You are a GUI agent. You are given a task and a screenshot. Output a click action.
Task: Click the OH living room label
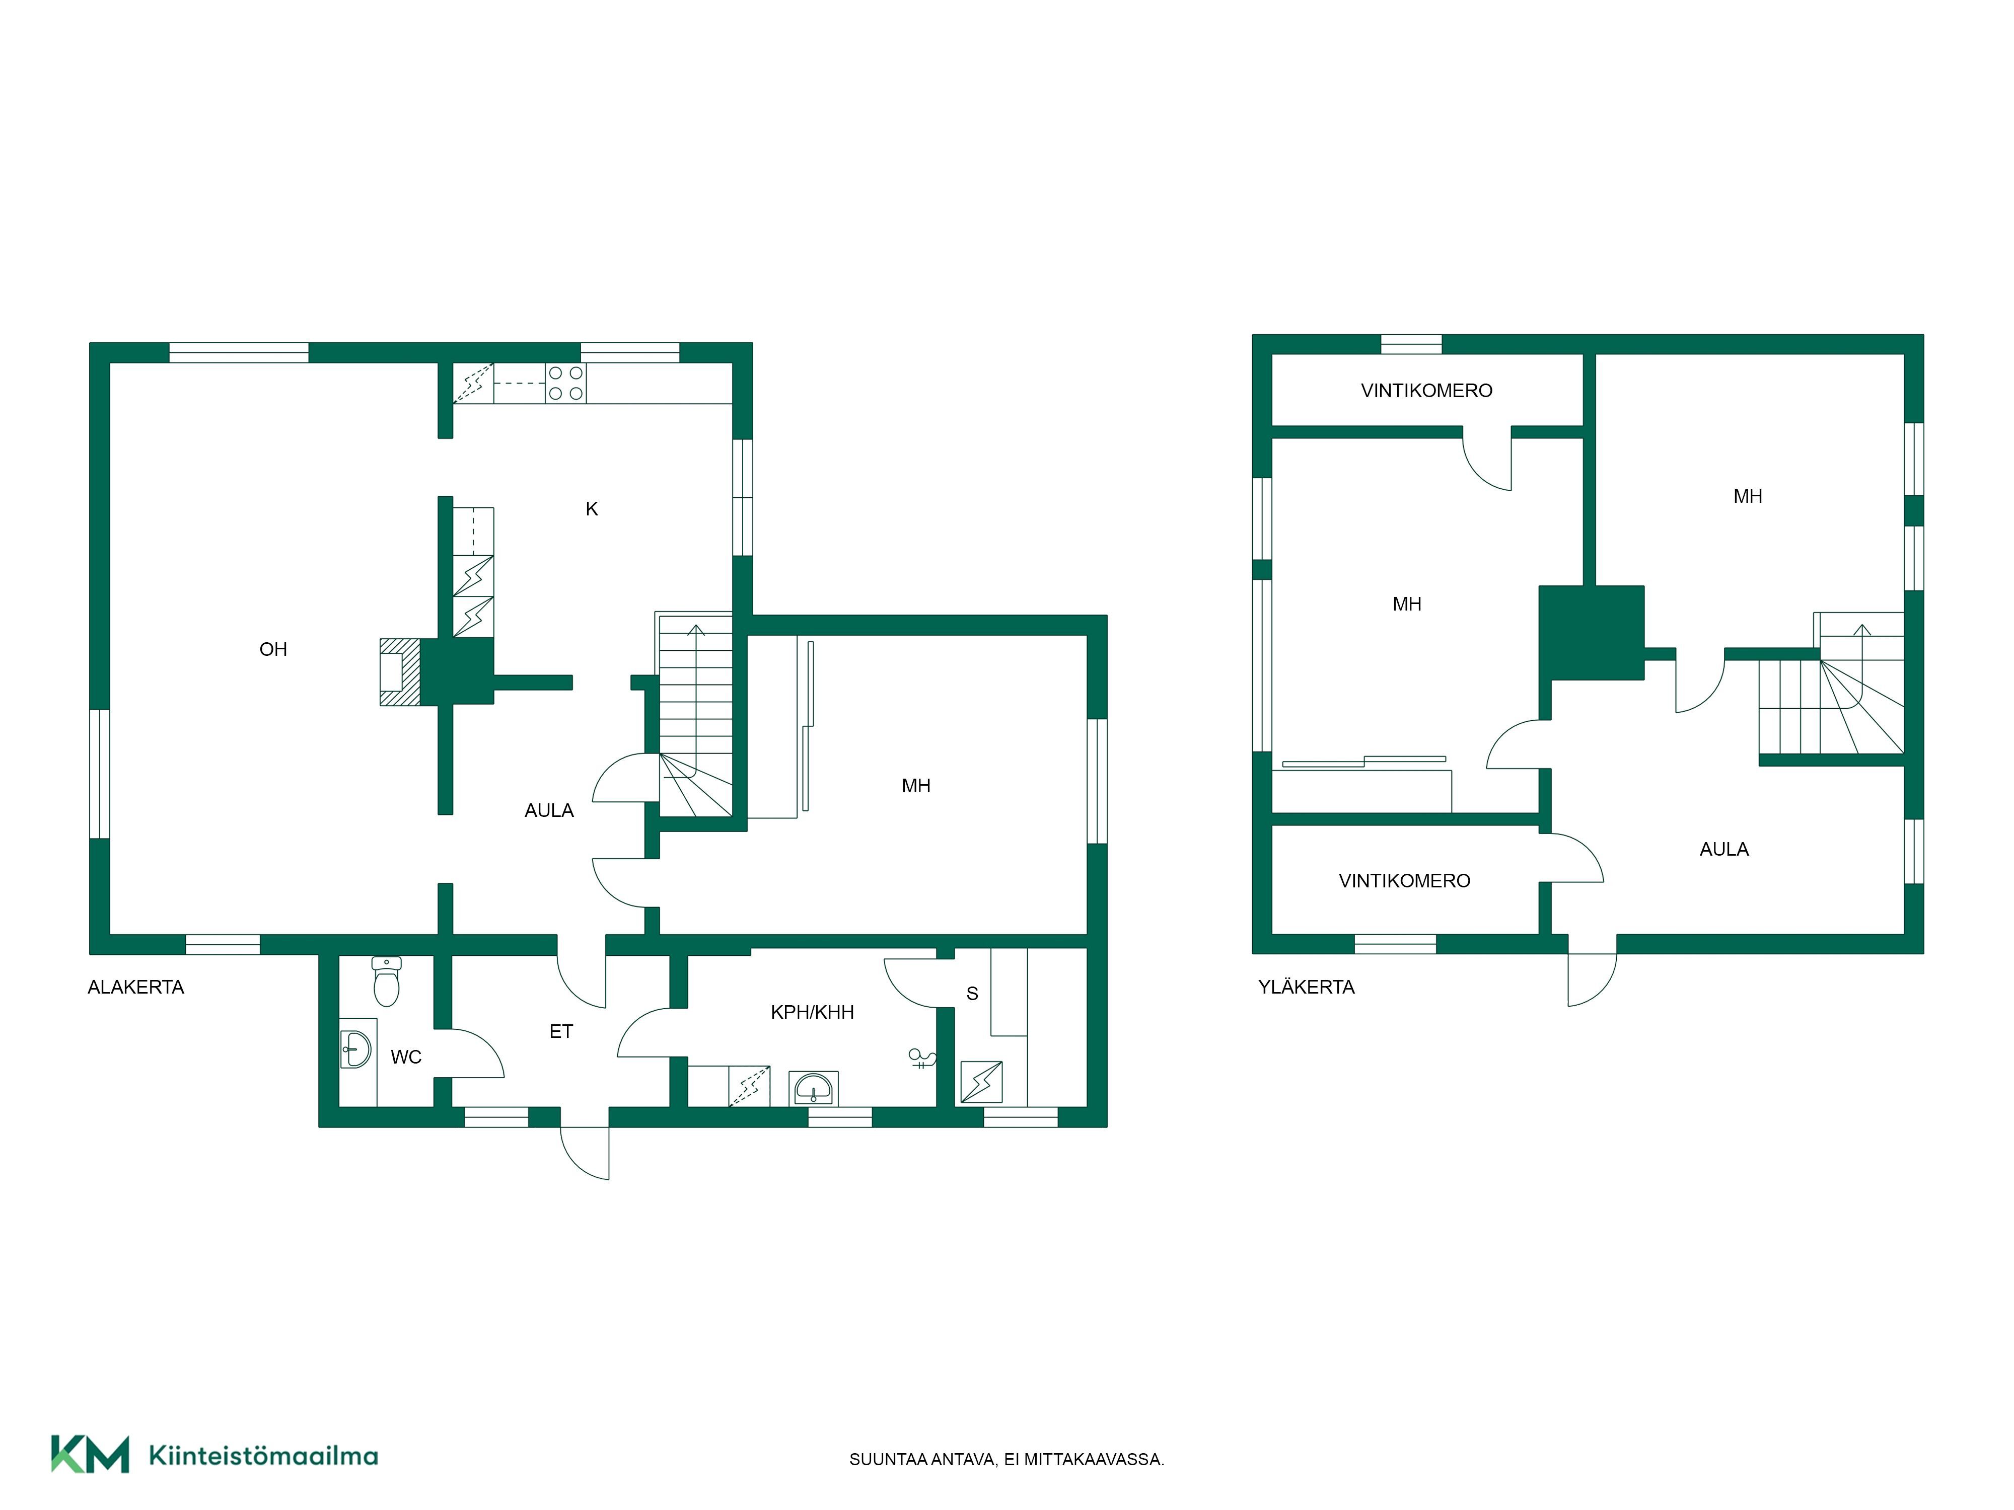[x=273, y=649]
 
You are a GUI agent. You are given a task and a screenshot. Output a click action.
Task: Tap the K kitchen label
[x=592, y=509]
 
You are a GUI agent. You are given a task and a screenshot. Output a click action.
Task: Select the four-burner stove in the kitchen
[x=565, y=383]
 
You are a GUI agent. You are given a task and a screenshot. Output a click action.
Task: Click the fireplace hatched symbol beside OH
[x=400, y=672]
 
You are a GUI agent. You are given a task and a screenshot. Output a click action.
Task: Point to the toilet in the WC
[x=387, y=981]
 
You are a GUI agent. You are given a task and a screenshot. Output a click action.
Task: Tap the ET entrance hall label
[x=561, y=1031]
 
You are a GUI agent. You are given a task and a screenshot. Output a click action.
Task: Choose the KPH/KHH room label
[x=812, y=1012]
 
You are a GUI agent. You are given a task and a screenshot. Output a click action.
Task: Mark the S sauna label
[x=972, y=994]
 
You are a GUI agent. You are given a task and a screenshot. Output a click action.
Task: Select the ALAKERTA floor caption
[x=135, y=988]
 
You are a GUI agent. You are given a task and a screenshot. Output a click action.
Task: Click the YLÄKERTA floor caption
[x=1307, y=988]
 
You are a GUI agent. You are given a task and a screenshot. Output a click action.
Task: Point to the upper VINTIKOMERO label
[x=1427, y=391]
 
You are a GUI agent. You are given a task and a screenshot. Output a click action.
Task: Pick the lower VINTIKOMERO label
[x=1405, y=880]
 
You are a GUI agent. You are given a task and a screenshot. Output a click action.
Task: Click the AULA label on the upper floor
[x=1724, y=849]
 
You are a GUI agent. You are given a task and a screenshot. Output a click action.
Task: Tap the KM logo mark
[x=90, y=1454]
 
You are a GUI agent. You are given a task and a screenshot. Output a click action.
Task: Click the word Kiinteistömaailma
[x=263, y=1456]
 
